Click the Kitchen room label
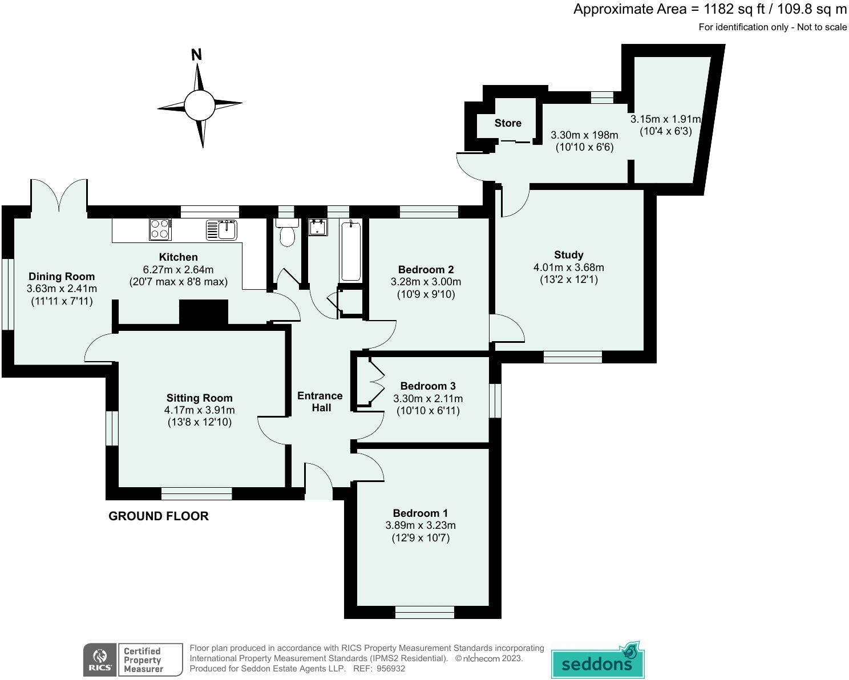[x=179, y=257]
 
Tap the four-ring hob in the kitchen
[x=160, y=229]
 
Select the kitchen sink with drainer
[x=221, y=229]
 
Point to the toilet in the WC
[x=287, y=232]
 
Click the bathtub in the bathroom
[x=351, y=250]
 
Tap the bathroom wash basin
[x=318, y=227]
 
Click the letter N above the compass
[x=196, y=54]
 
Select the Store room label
[x=508, y=123]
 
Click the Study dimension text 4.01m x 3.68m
[x=568, y=268]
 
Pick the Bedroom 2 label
[x=426, y=270]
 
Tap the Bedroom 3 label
[x=428, y=386]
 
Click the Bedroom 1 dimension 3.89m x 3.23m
[x=421, y=525]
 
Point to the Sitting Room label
[x=199, y=398]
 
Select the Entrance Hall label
[x=320, y=402]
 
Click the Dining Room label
[x=62, y=277]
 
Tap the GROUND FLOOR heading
[x=159, y=516]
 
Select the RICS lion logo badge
[x=100, y=659]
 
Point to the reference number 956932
[x=391, y=669]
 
